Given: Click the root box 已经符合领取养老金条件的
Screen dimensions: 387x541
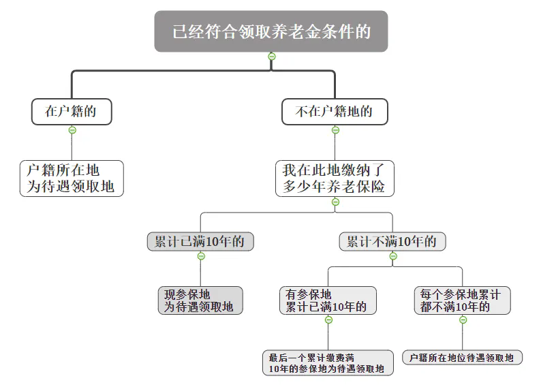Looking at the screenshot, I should [x=271, y=31].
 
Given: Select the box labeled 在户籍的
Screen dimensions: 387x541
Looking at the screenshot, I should [x=72, y=112].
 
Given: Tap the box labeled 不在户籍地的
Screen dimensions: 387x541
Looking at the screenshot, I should [x=335, y=112].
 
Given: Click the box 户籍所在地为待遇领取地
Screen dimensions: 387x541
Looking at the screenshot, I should [x=72, y=179].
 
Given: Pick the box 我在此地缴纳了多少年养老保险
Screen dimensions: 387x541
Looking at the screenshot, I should [x=335, y=179].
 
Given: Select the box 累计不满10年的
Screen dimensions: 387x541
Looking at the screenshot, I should [x=392, y=241].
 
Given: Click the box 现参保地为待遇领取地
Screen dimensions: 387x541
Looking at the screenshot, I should [x=200, y=300].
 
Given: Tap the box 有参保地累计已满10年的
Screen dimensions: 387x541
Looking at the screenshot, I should [x=328, y=300].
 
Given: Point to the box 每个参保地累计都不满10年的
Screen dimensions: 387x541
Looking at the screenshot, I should [x=463, y=300].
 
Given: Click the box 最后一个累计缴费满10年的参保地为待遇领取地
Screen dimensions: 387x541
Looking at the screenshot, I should [x=328, y=362].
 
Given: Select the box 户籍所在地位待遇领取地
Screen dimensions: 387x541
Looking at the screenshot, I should [x=463, y=358].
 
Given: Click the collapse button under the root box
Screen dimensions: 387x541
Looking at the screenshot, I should [x=272, y=57].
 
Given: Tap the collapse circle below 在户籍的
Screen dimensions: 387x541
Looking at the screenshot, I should [x=72, y=130].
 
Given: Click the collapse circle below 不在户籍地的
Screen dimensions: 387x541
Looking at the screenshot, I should [x=335, y=130].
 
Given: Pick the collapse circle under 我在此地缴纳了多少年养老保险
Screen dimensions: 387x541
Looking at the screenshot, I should [x=335, y=202].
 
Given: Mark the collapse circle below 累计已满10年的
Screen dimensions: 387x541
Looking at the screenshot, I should [x=201, y=256].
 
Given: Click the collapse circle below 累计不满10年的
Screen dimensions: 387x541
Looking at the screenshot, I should [x=393, y=256].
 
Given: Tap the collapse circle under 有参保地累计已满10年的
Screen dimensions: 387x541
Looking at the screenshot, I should [x=328, y=320].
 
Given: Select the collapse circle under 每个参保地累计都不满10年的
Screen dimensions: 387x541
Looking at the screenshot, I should [x=463, y=320].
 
